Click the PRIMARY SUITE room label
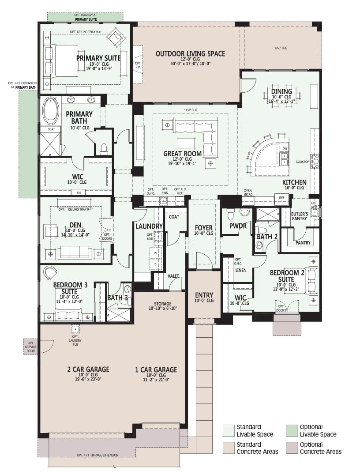click(98, 58)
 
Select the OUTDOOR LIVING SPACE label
click(190, 54)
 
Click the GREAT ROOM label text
click(182, 154)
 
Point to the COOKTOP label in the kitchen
click(303, 162)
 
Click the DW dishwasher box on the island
click(285, 149)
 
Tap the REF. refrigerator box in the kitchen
click(282, 198)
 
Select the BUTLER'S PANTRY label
click(300, 216)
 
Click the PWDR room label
click(238, 226)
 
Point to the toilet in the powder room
click(230, 214)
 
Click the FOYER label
click(203, 227)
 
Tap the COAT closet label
click(174, 217)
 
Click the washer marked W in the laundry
click(156, 253)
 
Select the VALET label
click(173, 276)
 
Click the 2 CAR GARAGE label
click(88, 369)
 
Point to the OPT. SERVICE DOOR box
click(30, 347)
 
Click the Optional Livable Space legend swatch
click(291, 430)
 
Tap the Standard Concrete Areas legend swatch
click(229, 448)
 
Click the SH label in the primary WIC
click(79, 192)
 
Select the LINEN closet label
click(241, 270)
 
